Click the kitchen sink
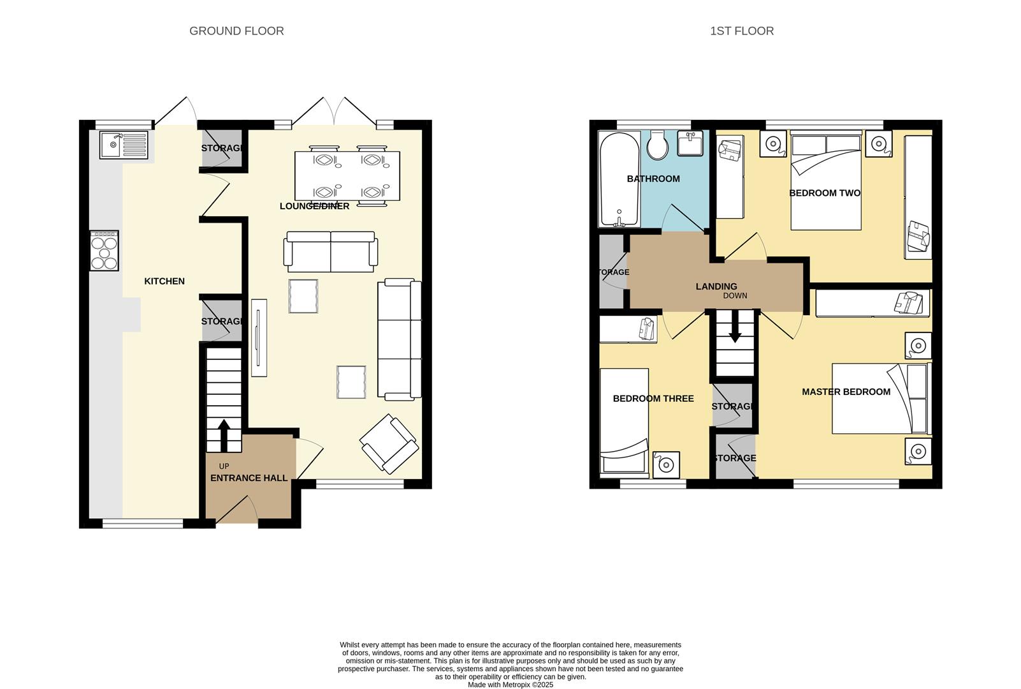coord(124,145)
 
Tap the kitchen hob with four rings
coord(104,251)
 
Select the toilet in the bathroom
coord(656,146)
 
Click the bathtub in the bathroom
coord(619,179)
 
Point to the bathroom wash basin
coord(690,144)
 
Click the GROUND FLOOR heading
coord(236,31)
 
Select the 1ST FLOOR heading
coord(742,31)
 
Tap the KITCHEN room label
coord(164,281)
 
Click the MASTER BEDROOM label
coord(846,392)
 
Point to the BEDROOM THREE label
coord(653,399)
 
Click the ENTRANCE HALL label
coord(249,478)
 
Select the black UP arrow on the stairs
coord(223,434)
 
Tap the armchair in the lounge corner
coord(389,444)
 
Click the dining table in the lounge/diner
coord(347,175)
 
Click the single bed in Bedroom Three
coord(624,422)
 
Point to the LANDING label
coord(716,286)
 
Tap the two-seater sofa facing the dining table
coord(330,251)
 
